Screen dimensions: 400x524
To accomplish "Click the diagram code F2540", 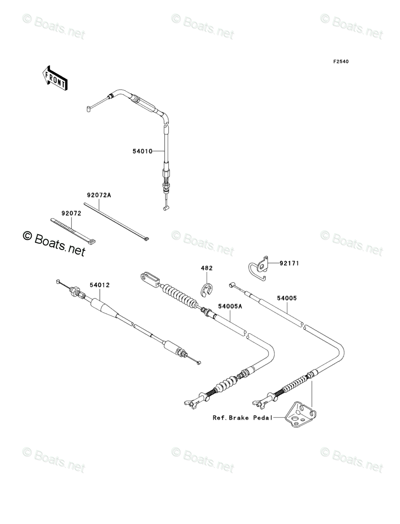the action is tap(340, 61).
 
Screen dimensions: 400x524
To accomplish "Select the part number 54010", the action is tap(143, 151).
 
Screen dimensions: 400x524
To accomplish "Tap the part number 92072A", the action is tap(99, 195).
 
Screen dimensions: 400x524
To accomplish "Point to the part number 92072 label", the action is tap(71, 213).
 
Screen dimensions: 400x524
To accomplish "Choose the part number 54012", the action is tap(99, 285).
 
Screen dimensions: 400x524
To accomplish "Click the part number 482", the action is tap(207, 268).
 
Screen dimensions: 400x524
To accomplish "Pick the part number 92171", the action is tap(289, 263).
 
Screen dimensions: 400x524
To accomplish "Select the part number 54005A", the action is tap(230, 306).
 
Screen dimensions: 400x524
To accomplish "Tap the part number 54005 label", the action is tap(287, 298).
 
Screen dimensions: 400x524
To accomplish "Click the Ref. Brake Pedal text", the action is tap(243, 417).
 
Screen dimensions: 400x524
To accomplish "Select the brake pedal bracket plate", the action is tap(299, 415).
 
